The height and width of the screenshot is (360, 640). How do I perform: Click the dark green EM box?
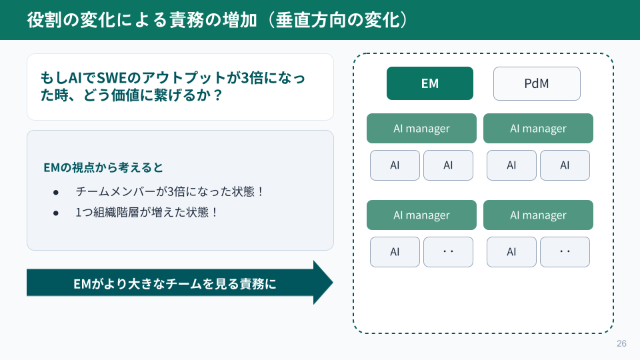(x=430, y=83)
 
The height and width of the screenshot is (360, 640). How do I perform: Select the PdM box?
(x=537, y=84)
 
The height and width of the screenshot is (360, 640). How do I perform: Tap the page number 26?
(x=621, y=344)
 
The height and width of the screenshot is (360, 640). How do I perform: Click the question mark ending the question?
(x=217, y=95)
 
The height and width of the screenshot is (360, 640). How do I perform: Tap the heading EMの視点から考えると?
(x=103, y=167)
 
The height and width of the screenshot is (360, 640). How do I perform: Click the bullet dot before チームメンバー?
(x=56, y=192)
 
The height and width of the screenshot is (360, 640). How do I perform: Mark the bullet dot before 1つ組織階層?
(x=56, y=213)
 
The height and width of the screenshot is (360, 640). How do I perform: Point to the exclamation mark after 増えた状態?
(x=214, y=212)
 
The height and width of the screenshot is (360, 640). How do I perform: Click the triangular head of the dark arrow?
(x=323, y=283)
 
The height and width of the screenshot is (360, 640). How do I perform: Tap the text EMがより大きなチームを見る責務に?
(x=175, y=284)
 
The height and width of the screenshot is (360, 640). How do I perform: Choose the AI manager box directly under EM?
(x=421, y=129)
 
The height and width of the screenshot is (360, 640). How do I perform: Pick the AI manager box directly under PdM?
(x=539, y=129)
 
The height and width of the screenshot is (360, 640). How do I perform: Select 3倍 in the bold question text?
(x=252, y=77)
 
